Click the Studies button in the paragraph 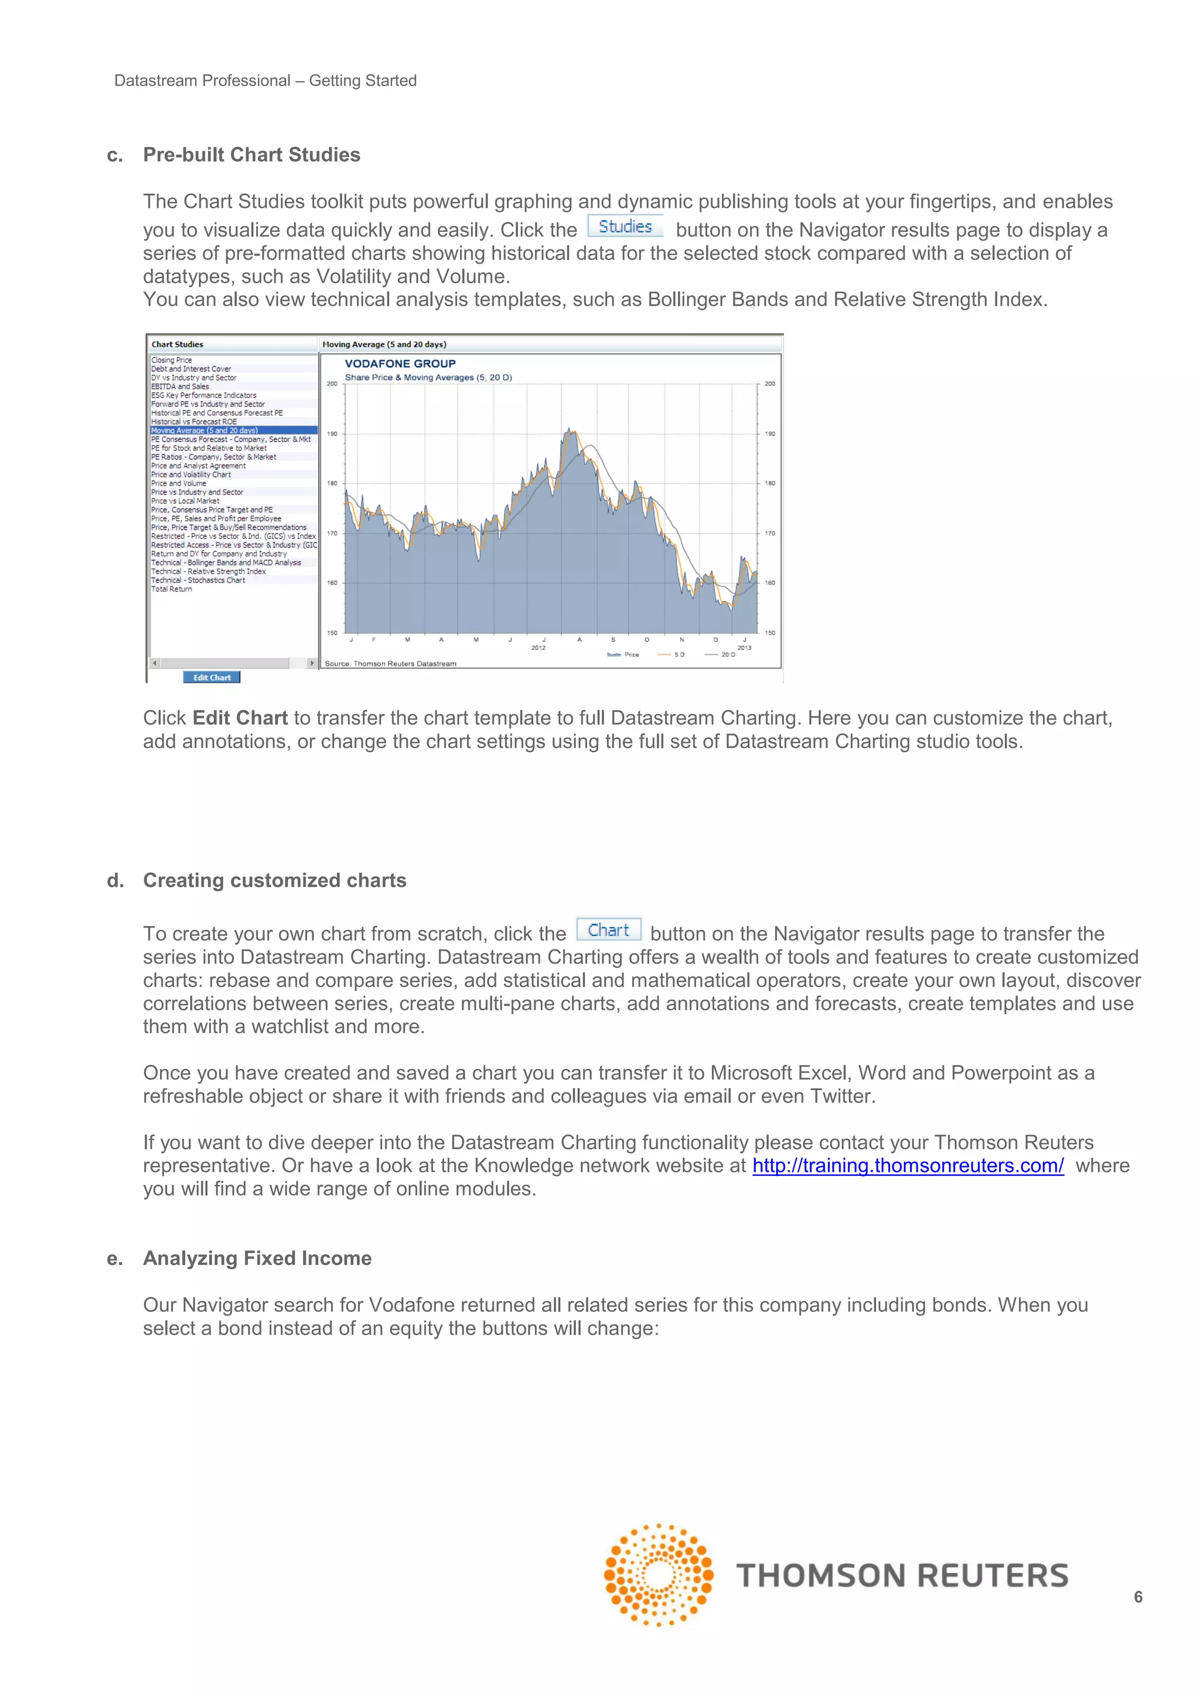625,227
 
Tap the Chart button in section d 608,930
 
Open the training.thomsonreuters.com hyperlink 908,1165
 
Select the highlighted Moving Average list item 204,430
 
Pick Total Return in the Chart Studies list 172,589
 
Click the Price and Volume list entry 179,483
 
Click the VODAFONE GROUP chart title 400,364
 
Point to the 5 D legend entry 679,655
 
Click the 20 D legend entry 727,655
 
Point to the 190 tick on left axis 332,433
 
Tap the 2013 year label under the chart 744,648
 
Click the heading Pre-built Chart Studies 251,155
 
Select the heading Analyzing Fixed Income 257,1258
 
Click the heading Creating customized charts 274,880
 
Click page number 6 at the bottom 1138,1597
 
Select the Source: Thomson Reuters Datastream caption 390,664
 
